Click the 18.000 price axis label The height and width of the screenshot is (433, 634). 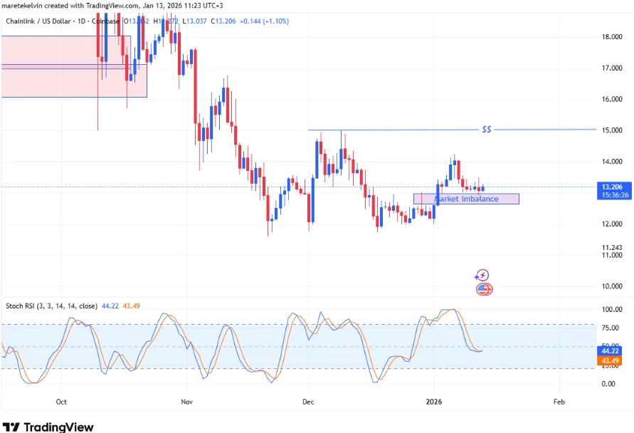pyautogui.click(x=613, y=37)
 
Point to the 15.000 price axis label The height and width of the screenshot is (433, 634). pyautogui.click(x=613, y=130)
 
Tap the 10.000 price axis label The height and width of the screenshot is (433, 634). pyautogui.click(x=613, y=286)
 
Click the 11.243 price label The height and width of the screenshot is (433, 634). pyautogui.click(x=613, y=247)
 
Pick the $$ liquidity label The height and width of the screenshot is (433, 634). pyautogui.click(x=487, y=130)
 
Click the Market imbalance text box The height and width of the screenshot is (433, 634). pyautogui.click(x=467, y=199)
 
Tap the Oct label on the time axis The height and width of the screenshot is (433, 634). pyautogui.click(x=61, y=402)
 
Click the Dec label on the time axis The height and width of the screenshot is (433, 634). pyautogui.click(x=309, y=402)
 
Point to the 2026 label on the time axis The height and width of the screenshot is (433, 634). pyautogui.click(x=433, y=402)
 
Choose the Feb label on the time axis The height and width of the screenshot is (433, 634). pyautogui.click(x=559, y=402)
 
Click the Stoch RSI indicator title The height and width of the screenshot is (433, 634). pyautogui.click(x=51, y=306)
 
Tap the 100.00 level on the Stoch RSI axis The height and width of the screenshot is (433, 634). pyautogui.click(x=613, y=310)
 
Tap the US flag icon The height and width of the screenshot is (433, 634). pyautogui.click(x=484, y=289)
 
